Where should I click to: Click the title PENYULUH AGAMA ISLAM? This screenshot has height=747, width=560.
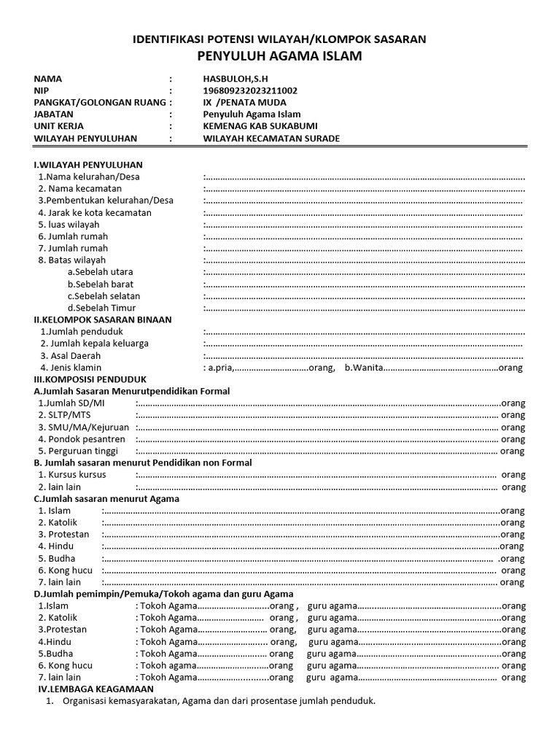tap(279, 56)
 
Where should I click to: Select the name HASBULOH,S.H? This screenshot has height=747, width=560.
tap(240, 79)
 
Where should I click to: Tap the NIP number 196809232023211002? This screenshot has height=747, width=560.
tap(250, 90)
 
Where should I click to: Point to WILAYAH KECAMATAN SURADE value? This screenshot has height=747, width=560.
tap(271, 139)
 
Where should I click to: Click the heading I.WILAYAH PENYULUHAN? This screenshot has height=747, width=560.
tap(88, 164)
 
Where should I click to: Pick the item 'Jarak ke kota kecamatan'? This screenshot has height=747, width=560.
tap(95, 212)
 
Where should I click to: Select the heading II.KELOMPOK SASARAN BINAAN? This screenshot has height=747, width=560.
tap(103, 320)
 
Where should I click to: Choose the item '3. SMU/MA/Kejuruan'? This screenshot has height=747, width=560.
tap(84, 427)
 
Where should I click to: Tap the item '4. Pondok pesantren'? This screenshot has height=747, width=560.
tap(82, 439)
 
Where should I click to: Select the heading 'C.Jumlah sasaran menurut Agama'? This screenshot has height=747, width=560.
tap(106, 498)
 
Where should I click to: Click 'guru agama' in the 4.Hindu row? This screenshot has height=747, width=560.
tap(332, 642)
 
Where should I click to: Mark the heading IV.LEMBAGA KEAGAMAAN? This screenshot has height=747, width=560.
tap(96, 689)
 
